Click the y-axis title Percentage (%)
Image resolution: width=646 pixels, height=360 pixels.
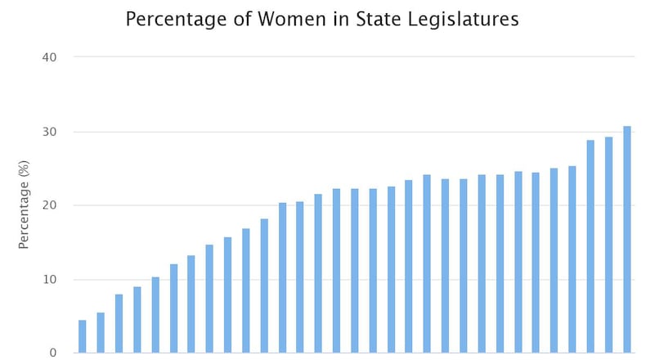[24, 205]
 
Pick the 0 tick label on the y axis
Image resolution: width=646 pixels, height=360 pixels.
[54, 353]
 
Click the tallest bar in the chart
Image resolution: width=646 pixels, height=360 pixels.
[627, 240]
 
